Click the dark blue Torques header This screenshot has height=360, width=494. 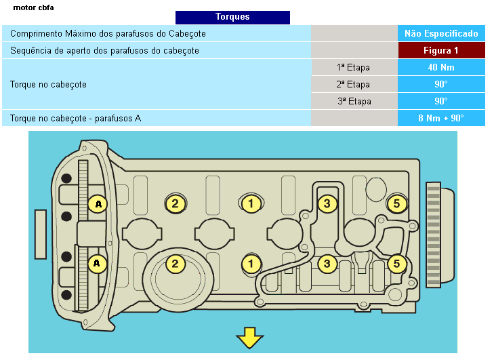click(232, 17)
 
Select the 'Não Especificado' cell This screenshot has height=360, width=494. click(441, 33)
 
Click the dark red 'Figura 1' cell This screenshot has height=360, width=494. click(441, 50)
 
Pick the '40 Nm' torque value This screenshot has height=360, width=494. click(441, 67)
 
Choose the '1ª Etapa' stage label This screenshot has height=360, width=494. click(353, 67)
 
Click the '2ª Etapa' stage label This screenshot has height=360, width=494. click(353, 84)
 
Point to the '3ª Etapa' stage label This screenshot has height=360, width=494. click(353, 101)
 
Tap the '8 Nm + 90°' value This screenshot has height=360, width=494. click(441, 118)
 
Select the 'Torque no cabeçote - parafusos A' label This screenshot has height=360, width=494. click(76, 118)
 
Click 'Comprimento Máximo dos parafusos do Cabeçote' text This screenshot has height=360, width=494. click(108, 33)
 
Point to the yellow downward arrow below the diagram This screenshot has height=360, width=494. click(249, 337)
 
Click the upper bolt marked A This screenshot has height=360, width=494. click(98, 203)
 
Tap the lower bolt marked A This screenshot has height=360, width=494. click(98, 263)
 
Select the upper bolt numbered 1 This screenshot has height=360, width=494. click(251, 203)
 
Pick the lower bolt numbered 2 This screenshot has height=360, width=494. click(175, 263)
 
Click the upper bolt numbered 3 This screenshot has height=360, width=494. click(327, 203)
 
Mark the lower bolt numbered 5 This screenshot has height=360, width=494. click(396, 263)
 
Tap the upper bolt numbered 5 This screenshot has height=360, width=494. click(396, 203)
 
